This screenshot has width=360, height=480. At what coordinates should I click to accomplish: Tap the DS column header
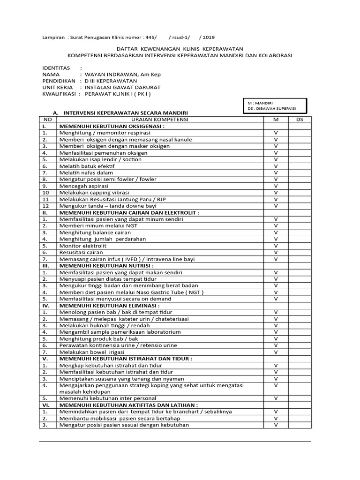click(300, 120)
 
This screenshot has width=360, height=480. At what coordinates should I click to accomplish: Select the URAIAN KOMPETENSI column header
click(159, 120)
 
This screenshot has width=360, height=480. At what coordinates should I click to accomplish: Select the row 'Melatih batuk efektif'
click(87, 166)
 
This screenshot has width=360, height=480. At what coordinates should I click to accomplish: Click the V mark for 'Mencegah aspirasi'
click(276, 186)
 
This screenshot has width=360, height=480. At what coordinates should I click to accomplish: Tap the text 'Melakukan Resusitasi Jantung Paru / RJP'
click(112, 199)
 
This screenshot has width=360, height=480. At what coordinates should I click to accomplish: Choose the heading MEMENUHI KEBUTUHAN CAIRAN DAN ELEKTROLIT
click(129, 212)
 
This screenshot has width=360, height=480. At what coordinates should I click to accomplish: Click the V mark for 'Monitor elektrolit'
click(276, 246)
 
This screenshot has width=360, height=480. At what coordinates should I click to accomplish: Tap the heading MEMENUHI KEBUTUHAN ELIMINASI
click(112, 305)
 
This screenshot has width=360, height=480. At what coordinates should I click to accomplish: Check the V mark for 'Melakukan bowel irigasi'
click(276, 352)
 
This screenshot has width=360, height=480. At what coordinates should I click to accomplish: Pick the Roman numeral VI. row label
click(46, 405)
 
